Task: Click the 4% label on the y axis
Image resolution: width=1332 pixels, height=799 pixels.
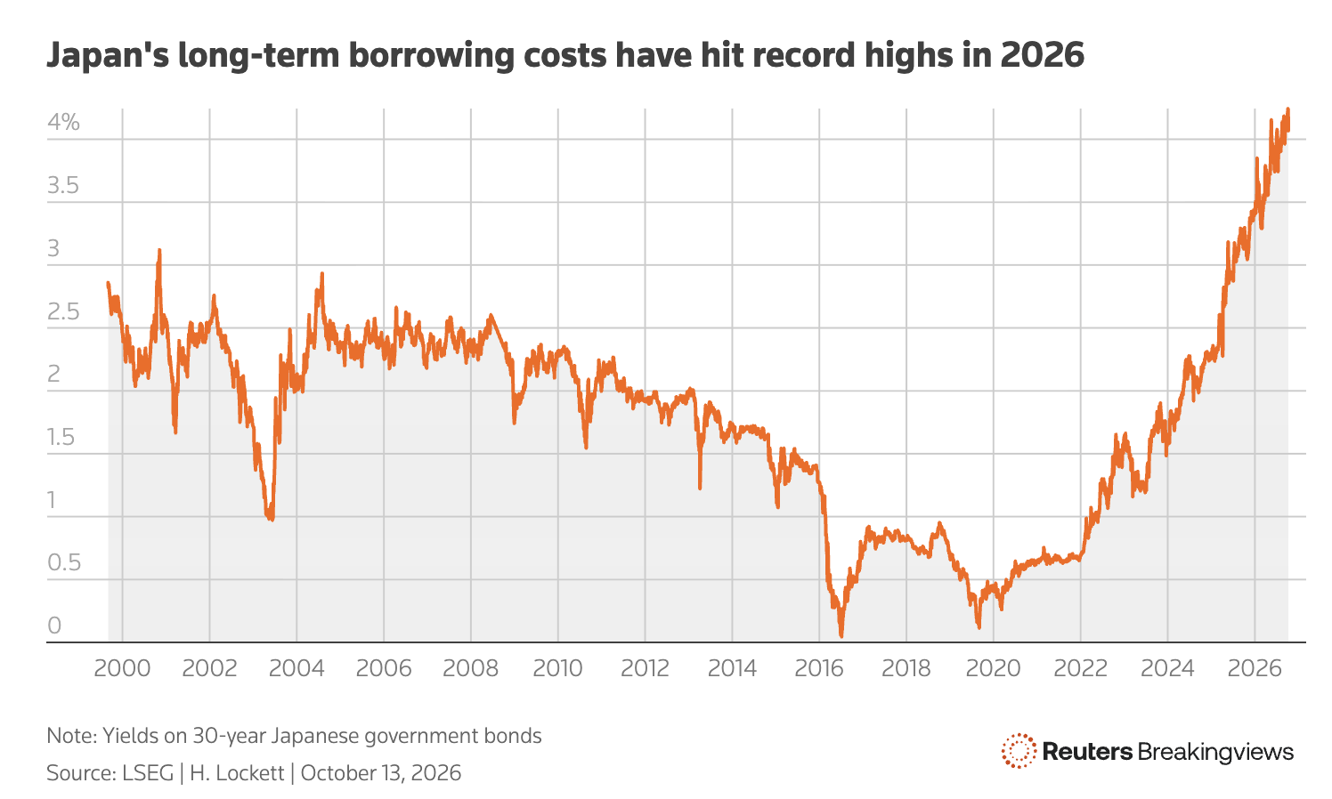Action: (63, 123)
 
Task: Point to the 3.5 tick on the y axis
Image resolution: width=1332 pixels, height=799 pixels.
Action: (63, 185)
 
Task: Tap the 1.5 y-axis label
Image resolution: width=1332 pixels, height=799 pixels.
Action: (61, 437)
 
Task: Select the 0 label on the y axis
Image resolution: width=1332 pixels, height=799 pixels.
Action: (54, 625)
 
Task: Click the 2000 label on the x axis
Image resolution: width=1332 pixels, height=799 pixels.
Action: (122, 669)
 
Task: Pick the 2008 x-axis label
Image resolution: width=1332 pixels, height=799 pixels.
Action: (470, 669)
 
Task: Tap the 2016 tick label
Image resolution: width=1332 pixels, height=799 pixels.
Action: (819, 669)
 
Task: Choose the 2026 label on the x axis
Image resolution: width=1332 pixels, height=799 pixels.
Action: (1255, 669)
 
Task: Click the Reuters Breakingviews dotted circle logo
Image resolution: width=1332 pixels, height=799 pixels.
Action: (1019, 751)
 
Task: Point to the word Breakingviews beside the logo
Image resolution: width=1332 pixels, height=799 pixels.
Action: (1215, 752)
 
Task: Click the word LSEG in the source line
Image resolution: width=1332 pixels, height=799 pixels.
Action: (148, 773)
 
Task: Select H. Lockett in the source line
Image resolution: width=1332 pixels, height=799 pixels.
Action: (237, 773)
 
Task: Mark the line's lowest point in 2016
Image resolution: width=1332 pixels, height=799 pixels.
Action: (841, 635)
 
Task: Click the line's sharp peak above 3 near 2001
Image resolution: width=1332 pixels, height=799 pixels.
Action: (158, 251)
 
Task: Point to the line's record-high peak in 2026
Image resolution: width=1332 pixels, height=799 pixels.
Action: (1288, 109)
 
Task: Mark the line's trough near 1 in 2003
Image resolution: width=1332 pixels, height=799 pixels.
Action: (272, 520)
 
